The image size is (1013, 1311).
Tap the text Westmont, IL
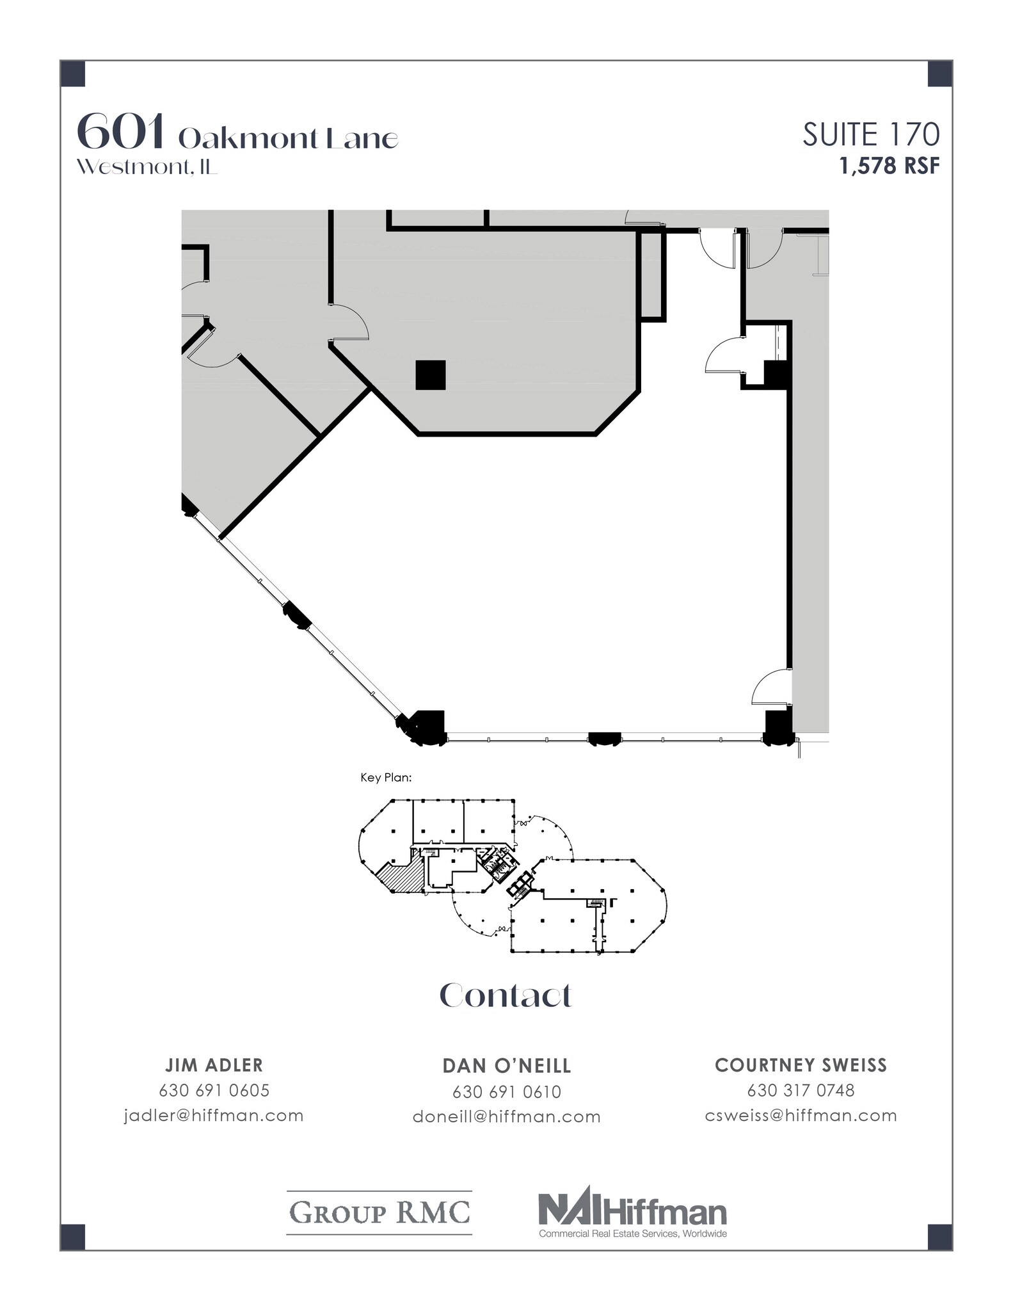click(147, 167)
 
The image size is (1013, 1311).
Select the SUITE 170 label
click(871, 135)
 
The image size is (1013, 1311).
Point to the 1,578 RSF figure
click(889, 166)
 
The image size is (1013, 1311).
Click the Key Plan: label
click(386, 778)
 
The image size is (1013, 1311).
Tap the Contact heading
click(506, 995)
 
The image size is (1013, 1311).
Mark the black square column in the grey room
click(430, 375)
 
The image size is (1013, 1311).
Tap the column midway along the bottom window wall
click(604, 738)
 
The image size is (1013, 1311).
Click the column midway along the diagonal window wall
click(297, 616)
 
